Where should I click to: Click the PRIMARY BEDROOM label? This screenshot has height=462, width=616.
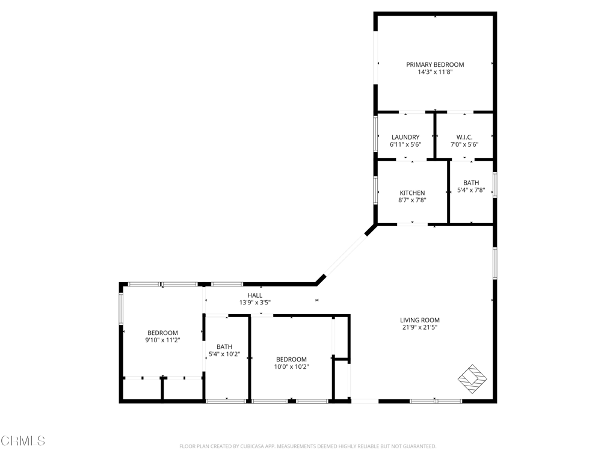[435, 64]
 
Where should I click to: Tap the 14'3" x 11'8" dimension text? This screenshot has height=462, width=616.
[435, 72]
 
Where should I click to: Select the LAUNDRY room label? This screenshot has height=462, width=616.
[405, 137]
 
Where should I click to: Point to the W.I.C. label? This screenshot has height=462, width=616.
[464, 137]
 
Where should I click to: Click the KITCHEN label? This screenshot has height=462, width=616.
[412, 193]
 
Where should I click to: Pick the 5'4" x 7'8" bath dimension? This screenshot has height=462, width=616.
[471, 190]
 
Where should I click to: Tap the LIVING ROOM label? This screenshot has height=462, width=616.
[419, 320]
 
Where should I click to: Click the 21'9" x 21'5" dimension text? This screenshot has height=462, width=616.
[419, 327]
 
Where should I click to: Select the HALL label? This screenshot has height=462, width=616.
[255, 295]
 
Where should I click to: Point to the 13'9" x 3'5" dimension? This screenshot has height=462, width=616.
[255, 303]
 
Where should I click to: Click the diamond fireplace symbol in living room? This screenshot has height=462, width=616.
[472, 379]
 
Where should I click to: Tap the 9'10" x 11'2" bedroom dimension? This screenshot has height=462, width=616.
[162, 340]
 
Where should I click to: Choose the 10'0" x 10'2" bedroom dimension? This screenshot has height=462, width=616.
[292, 367]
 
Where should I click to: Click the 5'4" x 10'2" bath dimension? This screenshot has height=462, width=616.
[224, 354]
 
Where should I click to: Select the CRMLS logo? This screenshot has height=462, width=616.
[23, 441]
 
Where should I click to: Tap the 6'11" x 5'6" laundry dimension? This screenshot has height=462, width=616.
[405, 144]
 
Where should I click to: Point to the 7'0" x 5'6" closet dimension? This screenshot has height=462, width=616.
[464, 144]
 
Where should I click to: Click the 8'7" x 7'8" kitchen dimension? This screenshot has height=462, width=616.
[412, 200]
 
